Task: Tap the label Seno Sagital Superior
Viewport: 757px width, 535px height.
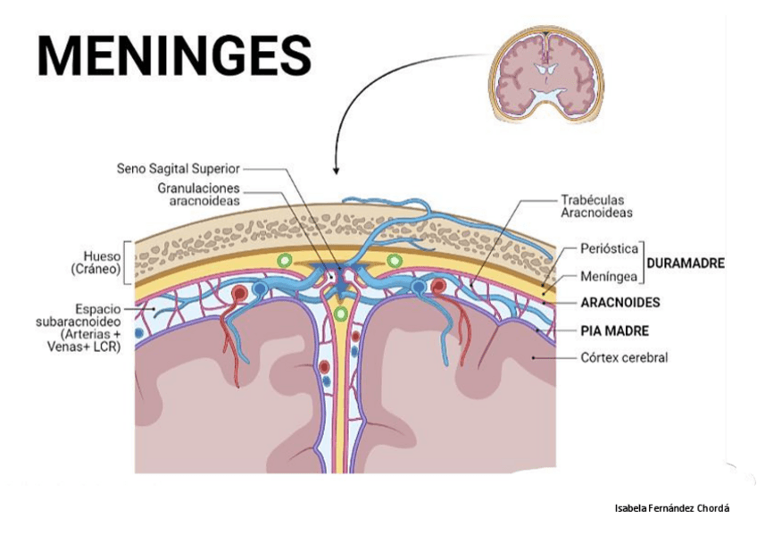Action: click(178, 168)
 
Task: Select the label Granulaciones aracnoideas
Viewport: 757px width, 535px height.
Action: click(198, 195)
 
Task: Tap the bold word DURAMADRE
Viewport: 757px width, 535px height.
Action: click(685, 263)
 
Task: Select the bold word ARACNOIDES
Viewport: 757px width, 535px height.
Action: click(620, 303)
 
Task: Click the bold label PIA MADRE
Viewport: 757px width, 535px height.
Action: click(614, 330)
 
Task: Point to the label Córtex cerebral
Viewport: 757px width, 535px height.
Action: click(624, 358)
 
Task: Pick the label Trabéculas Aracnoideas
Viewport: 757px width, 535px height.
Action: click(596, 206)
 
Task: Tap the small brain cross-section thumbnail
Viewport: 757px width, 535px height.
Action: click(545, 73)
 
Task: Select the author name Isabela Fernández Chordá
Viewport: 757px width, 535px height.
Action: click(672, 508)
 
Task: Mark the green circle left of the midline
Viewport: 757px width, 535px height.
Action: click(284, 261)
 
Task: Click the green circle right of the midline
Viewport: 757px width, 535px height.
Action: click(394, 261)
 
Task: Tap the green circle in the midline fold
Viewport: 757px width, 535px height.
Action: click(339, 315)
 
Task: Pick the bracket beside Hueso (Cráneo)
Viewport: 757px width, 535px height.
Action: click(128, 260)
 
